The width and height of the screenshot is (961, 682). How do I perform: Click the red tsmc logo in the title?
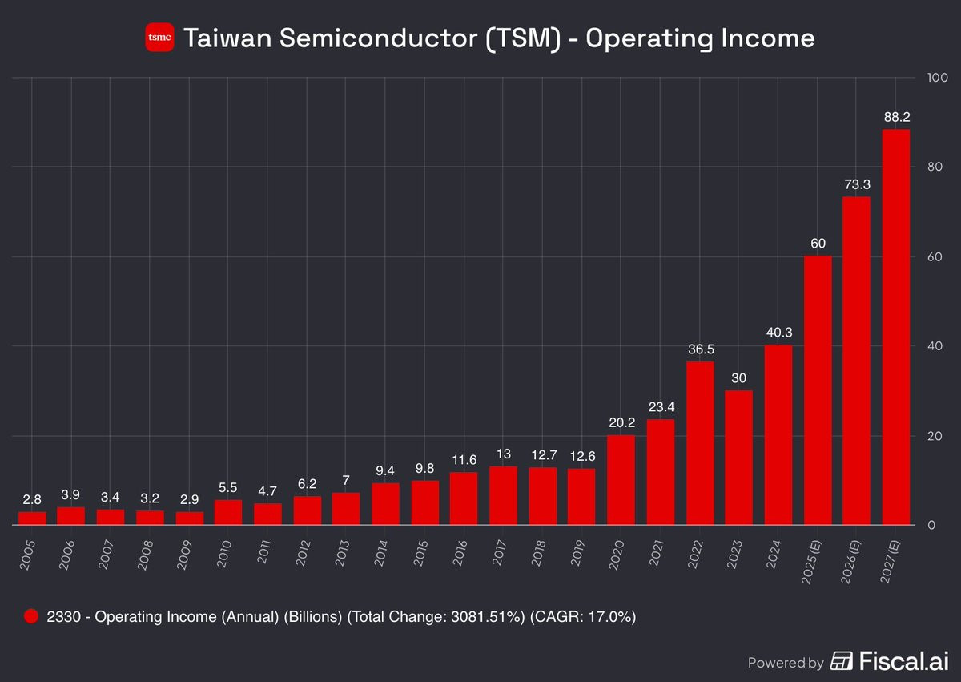(x=159, y=38)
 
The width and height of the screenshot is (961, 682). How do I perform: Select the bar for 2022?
(x=700, y=443)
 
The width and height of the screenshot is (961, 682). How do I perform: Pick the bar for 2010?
(x=228, y=512)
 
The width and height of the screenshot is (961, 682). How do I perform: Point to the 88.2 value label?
(x=895, y=116)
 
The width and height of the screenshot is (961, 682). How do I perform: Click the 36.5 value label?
(x=700, y=349)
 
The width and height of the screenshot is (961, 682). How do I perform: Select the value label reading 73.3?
(x=856, y=184)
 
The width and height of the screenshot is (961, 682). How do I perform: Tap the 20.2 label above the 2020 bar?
(x=621, y=422)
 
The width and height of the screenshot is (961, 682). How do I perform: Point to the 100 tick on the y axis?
(x=936, y=78)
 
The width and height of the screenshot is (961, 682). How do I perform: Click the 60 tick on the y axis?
(x=933, y=256)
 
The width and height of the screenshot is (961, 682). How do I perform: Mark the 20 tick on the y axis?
(x=933, y=436)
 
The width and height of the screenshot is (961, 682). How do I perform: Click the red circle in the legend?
(x=31, y=616)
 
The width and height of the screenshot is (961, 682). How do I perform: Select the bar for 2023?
(x=739, y=458)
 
